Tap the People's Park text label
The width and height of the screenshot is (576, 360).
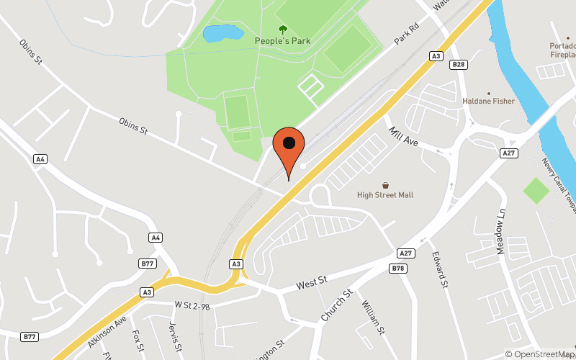tap(283, 41)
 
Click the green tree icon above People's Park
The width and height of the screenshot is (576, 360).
tap(282, 30)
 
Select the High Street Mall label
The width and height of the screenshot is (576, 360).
tap(385, 195)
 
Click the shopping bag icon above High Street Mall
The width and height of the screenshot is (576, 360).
tap(385, 185)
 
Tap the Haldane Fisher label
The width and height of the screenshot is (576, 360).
tap(489, 102)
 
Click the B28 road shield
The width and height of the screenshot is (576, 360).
tap(459, 65)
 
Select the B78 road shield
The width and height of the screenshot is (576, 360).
tap(398, 268)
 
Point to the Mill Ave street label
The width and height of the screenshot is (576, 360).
tap(403, 136)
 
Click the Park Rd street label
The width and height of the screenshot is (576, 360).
tap(406, 37)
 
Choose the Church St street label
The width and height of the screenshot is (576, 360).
tap(336, 306)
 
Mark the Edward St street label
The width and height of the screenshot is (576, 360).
tap(440, 269)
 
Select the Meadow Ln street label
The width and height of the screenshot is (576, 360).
tap(501, 231)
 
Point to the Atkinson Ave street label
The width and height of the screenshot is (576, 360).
tap(107, 331)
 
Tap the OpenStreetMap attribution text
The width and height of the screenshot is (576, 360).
tap(540, 354)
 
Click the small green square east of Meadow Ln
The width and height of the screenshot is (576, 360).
tap(536, 191)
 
